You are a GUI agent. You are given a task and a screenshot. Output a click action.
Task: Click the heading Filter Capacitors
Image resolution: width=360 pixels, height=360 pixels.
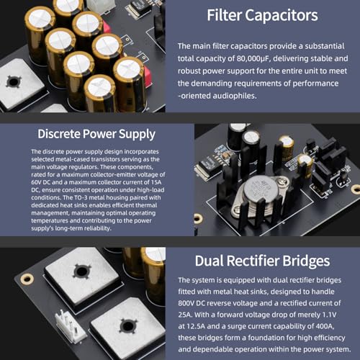(262, 15)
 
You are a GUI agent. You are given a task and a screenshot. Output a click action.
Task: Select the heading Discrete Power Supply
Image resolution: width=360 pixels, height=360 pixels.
(96, 134)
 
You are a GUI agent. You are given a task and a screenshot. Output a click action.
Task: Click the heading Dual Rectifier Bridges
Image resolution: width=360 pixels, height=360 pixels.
(262, 261)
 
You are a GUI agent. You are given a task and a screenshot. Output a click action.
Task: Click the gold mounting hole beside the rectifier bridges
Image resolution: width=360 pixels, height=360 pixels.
(27, 279)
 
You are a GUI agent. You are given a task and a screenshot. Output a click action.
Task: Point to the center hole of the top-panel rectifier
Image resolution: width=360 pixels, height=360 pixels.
(14, 81)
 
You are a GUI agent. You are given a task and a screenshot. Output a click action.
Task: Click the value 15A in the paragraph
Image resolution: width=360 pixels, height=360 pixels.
(156, 182)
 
